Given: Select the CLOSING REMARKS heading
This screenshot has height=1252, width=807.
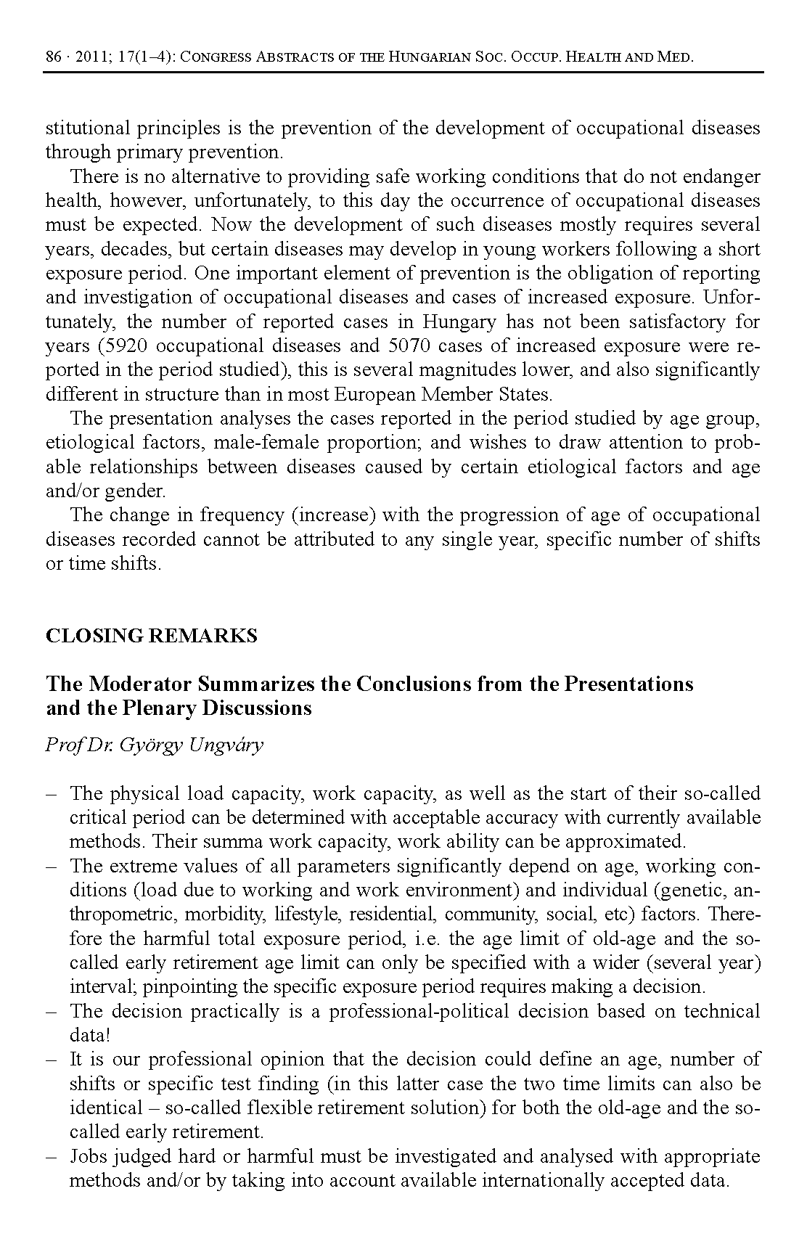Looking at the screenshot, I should [x=151, y=636].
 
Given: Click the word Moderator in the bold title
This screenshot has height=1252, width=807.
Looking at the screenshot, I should [x=140, y=684].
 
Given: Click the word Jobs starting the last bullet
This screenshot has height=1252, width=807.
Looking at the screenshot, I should [x=89, y=1156].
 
